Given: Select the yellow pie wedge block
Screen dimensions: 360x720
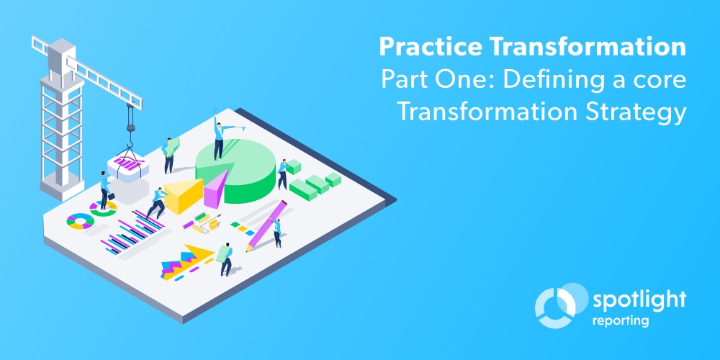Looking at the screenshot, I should click(183, 195).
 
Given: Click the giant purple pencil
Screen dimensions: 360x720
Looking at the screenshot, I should click(267, 224).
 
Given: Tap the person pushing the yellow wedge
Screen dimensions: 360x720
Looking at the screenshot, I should click(156, 202).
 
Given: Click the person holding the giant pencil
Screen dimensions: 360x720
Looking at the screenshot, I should click(276, 232).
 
